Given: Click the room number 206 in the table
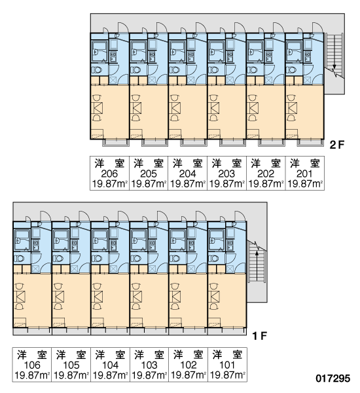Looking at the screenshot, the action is pyautogui.click(x=109, y=174).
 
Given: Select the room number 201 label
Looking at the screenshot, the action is pyautogui.click(x=304, y=174).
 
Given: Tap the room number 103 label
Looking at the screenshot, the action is pyautogui.click(x=149, y=365).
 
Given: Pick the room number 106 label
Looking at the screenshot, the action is pyautogui.click(x=32, y=365).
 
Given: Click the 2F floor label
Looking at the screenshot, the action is pyautogui.click(x=337, y=145).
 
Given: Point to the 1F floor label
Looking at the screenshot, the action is pyautogui.click(x=260, y=336).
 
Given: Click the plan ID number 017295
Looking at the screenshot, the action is pyautogui.click(x=333, y=379).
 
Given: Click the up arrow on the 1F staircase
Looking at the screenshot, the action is pyautogui.click(x=257, y=266).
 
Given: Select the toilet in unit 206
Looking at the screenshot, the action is pyautogui.click(x=97, y=69).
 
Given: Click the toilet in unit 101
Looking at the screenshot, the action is pyautogui.click(x=214, y=258).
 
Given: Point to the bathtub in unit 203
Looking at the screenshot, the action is pyautogui.click(x=217, y=51).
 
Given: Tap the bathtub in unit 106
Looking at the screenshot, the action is pyautogui.click(x=22, y=240).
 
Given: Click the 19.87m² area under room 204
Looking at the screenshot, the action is pyautogui.click(x=187, y=184).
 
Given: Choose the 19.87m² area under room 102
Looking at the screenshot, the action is pyautogui.click(x=189, y=375).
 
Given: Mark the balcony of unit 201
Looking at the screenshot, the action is pyautogui.click(x=310, y=143).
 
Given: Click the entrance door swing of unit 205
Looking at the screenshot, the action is pyautogui.click(x=162, y=28).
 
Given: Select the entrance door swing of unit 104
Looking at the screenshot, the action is pyautogui.click(x=123, y=216).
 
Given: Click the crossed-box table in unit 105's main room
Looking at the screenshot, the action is pyautogui.click(x=58, y=297).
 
